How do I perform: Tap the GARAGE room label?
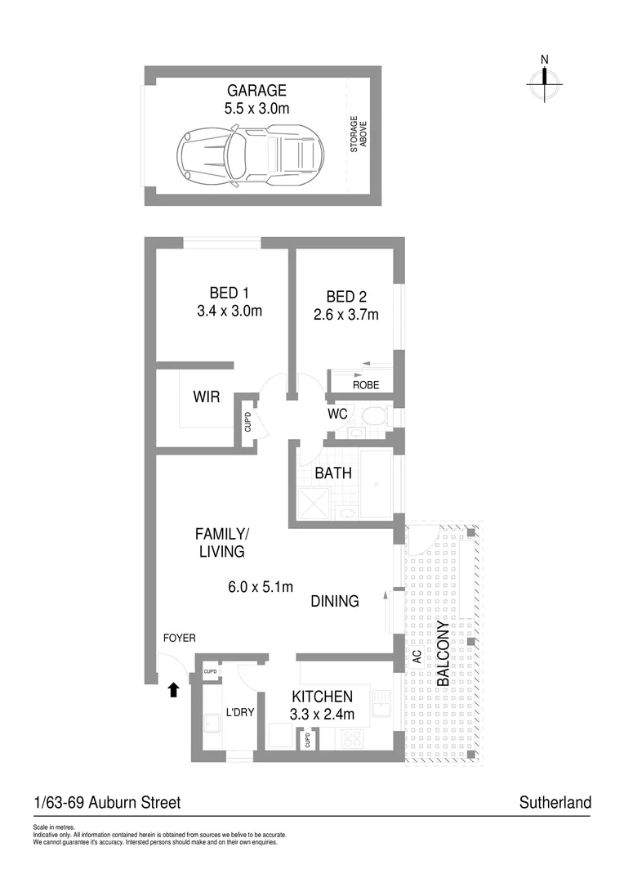point(256,91)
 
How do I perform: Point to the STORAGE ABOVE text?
point(359,135)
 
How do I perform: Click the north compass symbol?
point(545,78)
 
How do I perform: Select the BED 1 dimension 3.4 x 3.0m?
point(230,312)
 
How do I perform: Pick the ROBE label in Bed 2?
point(365,385)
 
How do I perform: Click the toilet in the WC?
point(374,417)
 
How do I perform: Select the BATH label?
point(333,473)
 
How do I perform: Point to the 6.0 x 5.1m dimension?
point(260,586)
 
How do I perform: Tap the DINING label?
point(335,602)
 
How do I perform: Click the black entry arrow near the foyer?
point(172,690)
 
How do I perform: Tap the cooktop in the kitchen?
point(354,737)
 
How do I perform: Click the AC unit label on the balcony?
point(416,657)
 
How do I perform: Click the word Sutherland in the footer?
point(555,803)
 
